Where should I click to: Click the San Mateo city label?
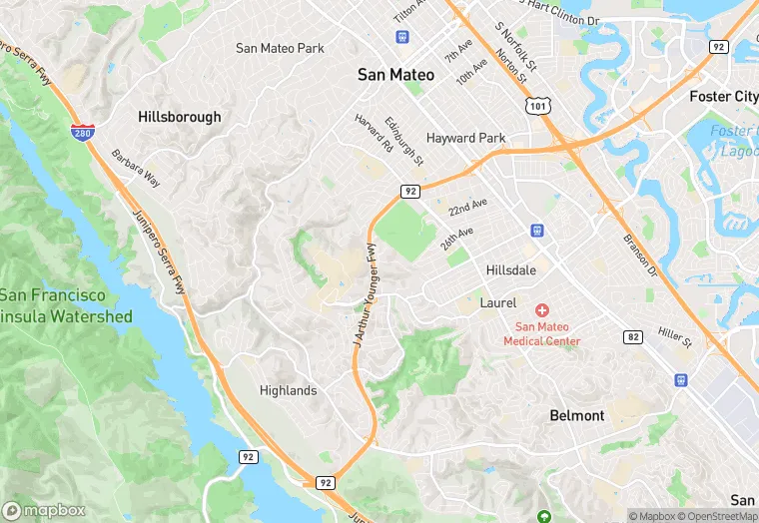point(396,75)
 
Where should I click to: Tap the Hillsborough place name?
point(180,117)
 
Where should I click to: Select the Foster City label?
point(724,97)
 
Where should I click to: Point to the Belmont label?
point(576,415)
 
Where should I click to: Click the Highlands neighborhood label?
point(288,390)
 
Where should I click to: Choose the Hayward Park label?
point(465,138)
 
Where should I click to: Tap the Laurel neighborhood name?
point(497,302)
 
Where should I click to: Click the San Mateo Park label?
point(280,48)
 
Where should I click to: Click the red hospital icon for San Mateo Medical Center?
point(542,311)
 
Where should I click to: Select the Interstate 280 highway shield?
point(84,132)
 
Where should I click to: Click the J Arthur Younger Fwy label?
point(363,295)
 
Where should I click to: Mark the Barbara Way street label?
point(136,169)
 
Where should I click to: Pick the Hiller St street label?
point(675,337)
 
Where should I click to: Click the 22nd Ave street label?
point(467,208)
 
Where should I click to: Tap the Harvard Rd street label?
point(374,133)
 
